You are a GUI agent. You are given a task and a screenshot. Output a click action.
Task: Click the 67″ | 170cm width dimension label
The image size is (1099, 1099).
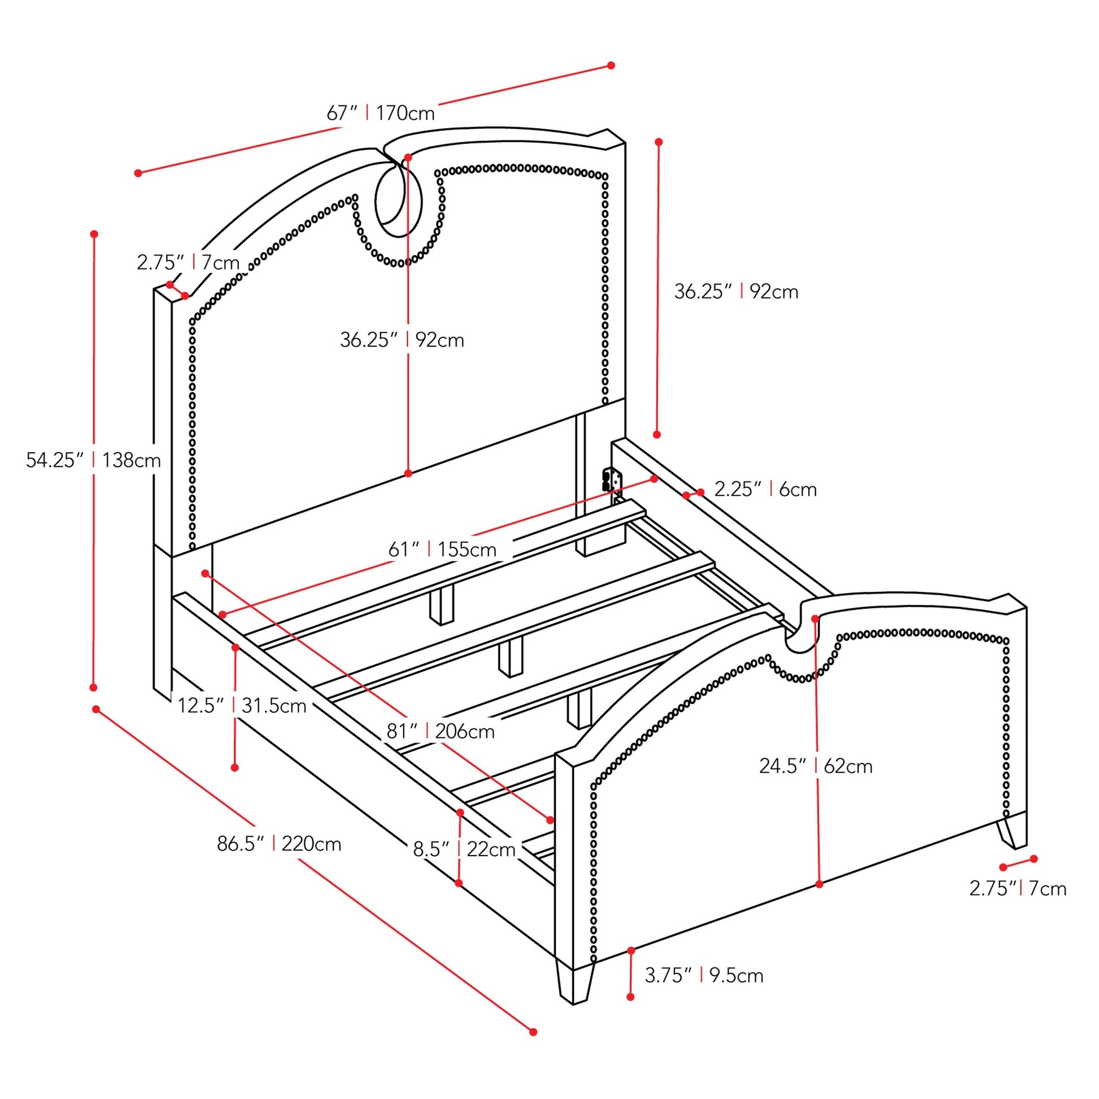click(x=380, y=113)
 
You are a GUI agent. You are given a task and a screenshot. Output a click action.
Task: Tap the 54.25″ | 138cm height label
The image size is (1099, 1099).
click(x=93, y=460)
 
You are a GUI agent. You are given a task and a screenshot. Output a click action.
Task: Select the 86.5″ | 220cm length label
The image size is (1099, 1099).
click(x=279, y=843)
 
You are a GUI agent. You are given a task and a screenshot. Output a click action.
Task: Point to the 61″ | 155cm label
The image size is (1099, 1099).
click(x=442, y=549)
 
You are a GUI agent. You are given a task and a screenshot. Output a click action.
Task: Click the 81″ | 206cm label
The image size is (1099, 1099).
click(x=441, y=731)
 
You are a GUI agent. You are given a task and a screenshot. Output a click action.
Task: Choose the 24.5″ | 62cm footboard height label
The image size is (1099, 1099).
click(x=815, y=766)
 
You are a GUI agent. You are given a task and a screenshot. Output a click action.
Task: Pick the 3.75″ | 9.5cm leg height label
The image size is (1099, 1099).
click(x=704, y=975)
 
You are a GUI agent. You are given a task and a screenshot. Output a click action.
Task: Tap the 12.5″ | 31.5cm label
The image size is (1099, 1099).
click(x=242, y=705)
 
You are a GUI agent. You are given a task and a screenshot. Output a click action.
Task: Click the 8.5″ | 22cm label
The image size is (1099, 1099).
click(x=464, y=849)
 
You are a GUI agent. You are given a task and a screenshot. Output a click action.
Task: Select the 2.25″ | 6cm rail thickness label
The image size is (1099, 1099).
click(x=765, y=489)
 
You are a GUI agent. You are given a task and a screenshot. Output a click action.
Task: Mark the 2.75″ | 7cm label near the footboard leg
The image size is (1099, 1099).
click(x=1018, y=888)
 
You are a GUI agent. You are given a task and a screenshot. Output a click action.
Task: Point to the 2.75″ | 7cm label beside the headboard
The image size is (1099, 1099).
click(x=187, y=262)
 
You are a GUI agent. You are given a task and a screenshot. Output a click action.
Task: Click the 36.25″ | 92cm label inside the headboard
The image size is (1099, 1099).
click(x=402, y=339)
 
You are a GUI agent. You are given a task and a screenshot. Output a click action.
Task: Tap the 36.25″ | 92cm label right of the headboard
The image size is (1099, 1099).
click(x=736, y=291)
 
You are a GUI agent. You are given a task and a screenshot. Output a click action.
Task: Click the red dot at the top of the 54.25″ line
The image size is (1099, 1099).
click(x=94, y=234)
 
